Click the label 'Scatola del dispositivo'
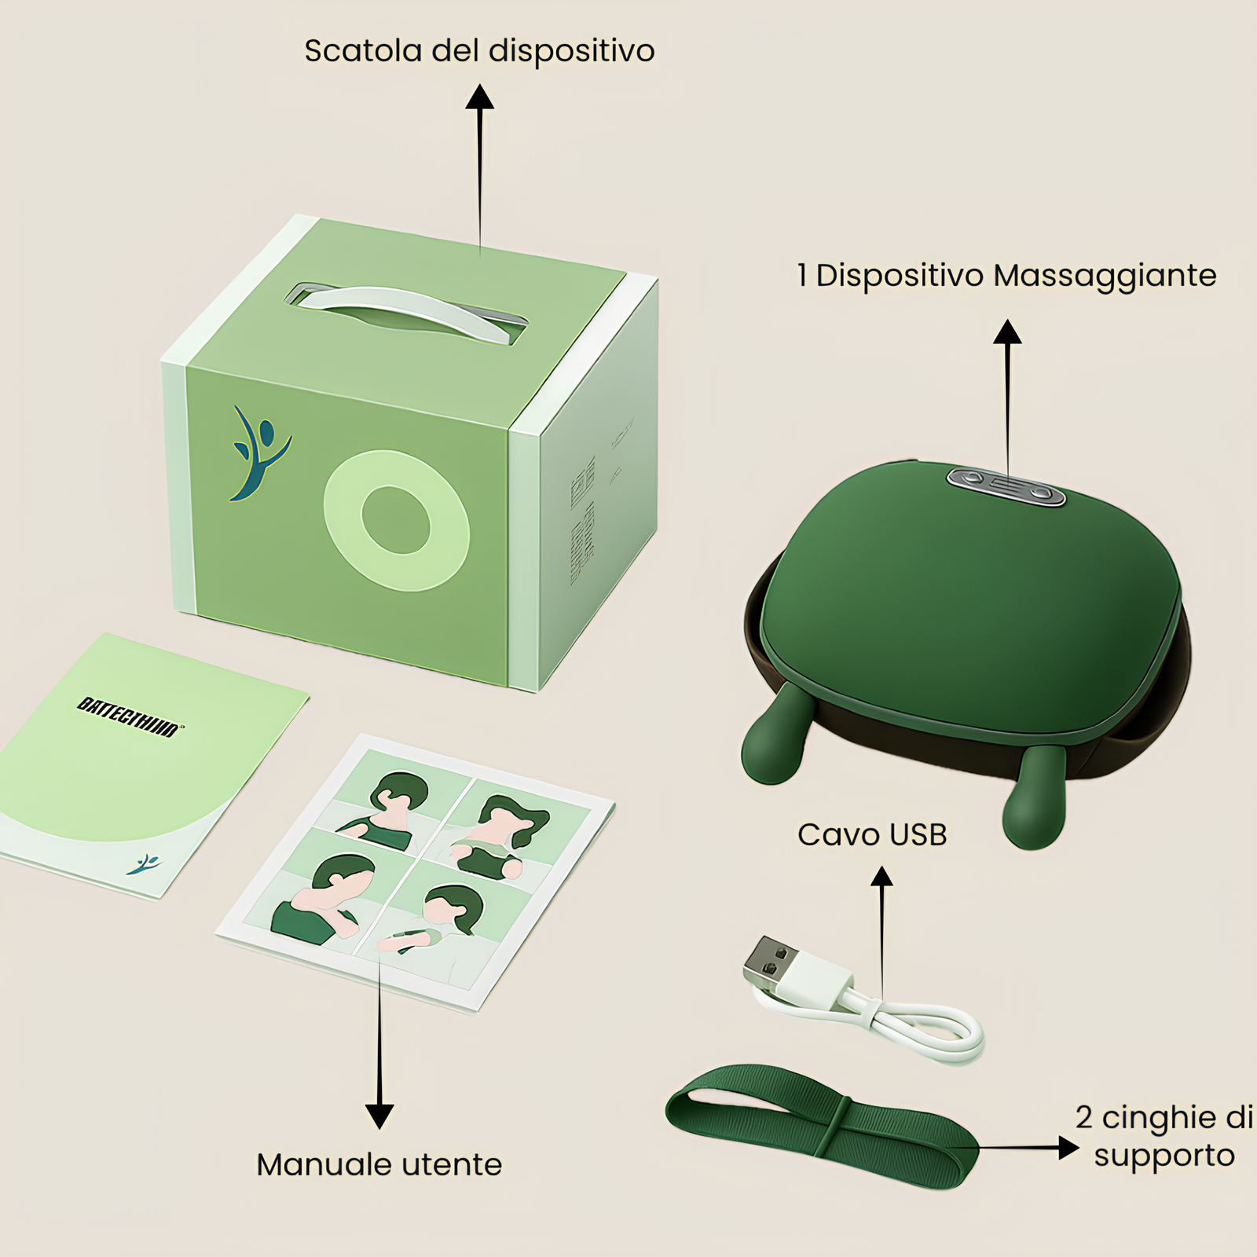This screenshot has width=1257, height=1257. [479, 51]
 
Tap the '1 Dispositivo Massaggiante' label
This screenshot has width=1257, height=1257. [1006, 276]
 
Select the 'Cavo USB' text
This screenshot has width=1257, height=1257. [872, 834]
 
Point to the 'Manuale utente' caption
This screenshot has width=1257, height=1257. [379, 1164]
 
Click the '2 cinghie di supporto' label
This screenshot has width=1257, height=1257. [1164, 1136]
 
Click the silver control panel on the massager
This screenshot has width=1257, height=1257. [1006, 486]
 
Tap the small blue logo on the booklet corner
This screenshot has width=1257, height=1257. [145, 864]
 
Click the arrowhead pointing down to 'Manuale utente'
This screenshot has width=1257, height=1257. [379, 1116]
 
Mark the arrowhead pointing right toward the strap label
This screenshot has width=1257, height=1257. [1068, 1148]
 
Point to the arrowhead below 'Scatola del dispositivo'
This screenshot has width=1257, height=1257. [479, 97]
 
